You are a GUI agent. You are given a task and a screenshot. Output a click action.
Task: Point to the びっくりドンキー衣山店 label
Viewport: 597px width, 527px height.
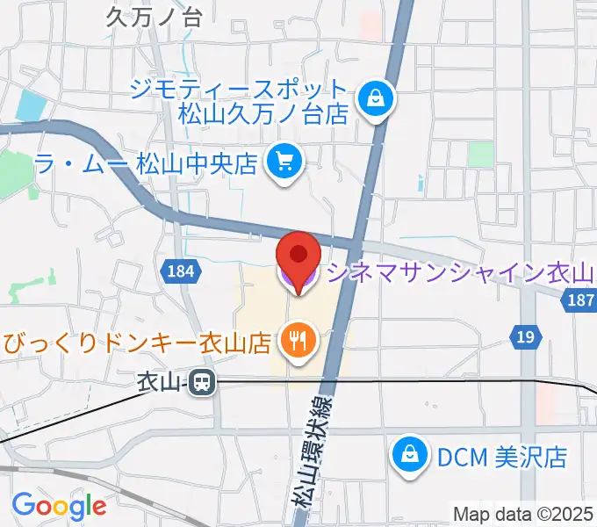136,341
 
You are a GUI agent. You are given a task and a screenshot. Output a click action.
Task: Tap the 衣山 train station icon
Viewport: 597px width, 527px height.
203,382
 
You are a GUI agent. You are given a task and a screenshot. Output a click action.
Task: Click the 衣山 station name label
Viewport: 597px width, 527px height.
159,382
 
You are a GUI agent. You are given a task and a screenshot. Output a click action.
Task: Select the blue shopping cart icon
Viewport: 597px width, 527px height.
284,161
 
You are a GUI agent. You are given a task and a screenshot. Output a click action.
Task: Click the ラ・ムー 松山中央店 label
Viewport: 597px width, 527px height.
144,162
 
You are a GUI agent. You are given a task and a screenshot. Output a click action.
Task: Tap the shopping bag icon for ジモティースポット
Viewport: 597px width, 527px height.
376,98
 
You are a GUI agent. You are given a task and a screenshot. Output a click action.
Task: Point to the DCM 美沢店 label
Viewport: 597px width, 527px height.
498,456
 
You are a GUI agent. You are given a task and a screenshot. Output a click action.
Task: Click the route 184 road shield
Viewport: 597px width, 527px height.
178,272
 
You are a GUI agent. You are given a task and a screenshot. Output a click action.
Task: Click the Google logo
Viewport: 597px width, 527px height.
58,506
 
